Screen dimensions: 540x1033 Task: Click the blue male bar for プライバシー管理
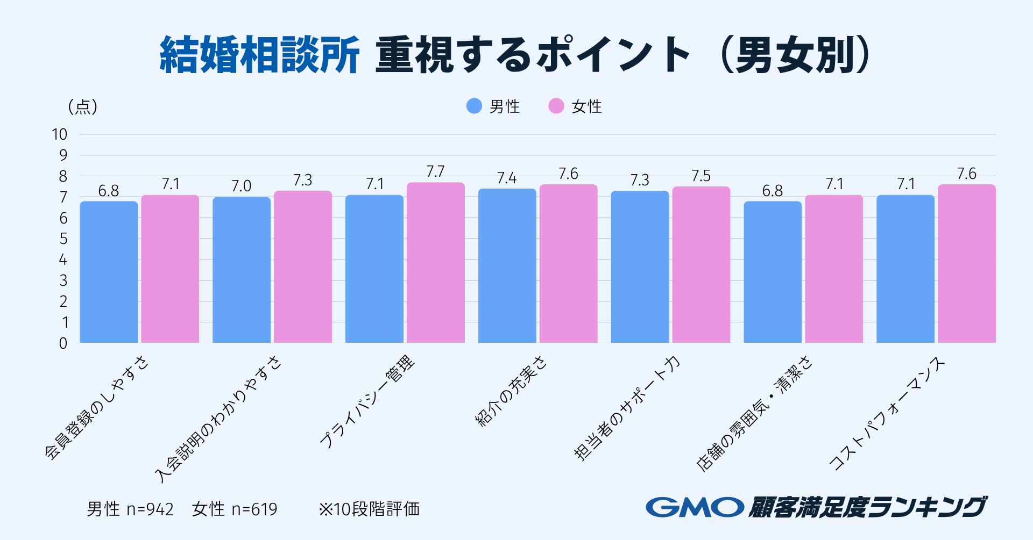[x=374, y=269]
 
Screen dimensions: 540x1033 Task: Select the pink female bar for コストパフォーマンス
[x=966, y=263]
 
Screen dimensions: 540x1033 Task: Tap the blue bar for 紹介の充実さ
[x=507, y=266]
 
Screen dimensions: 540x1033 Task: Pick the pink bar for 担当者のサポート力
[x=701, y=264]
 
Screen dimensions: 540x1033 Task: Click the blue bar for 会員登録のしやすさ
[x=109, y=272]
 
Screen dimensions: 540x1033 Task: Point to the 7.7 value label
[x=435, y=171]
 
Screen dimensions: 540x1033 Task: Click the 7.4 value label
[x=507, y=178]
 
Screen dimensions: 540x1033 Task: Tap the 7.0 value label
[x=241, y=186]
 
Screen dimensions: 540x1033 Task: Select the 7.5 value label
[x=701, y=176]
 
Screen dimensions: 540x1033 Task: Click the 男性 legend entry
[x=493, y=106]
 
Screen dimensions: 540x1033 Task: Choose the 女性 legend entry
[x=576, y=106]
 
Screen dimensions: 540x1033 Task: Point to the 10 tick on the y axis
[x=59, y=134]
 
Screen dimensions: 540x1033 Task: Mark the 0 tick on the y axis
[x=63, y=343]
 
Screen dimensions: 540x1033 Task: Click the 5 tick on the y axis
[x=63, y=239]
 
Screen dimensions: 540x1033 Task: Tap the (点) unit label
[x=82, y=106]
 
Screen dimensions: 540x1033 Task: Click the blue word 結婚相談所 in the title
[x=260, y=55]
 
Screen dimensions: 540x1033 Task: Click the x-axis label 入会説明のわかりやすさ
[x=218, y=419]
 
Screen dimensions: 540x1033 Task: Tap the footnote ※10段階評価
[x=369, y=509]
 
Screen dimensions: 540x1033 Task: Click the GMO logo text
[x=695, y=507]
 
